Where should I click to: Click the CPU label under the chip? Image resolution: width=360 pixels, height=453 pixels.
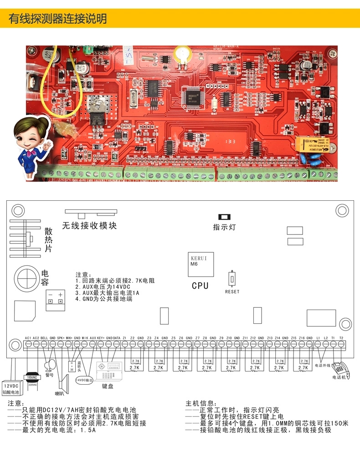(200, 285)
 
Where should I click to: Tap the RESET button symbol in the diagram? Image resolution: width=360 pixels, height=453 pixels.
(232, 278)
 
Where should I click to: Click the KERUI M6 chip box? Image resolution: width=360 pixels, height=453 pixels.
(200, 263)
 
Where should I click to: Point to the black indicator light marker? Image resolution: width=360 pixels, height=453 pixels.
(224, 217)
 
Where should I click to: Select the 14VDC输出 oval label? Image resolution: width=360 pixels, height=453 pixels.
(84, 379)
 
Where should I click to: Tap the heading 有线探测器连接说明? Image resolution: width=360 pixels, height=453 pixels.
(58, 19)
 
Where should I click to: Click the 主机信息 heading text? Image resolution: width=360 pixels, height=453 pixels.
(200, 403)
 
